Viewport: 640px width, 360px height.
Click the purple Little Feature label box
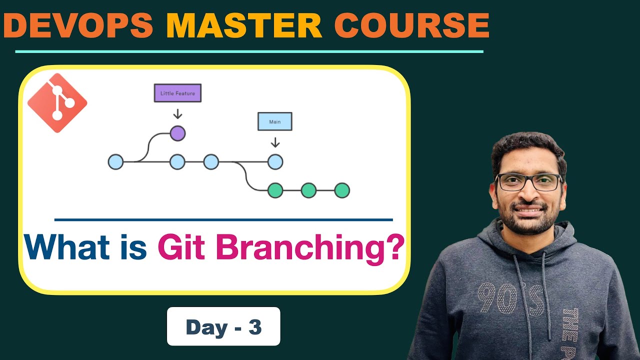click(x=177, y=93)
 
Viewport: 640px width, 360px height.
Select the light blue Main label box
click(x=274, y=121)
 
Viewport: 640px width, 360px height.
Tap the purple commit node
click(x=177, y=133)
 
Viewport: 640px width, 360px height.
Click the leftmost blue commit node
click(x=115, y=162)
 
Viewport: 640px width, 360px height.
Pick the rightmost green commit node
click(x=342, y=190)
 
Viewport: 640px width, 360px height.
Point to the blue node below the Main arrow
click(x=275, y=162)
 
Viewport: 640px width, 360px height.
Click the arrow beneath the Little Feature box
click(x=177, y=114)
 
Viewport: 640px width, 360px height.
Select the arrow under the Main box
click(x=275, y=142)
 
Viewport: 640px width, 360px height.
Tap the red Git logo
click(x=57, y=103)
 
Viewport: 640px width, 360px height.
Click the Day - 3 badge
click(x=223, y=327)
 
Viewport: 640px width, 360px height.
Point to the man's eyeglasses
click(x=528, y=181)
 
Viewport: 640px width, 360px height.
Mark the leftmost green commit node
click(x=275, y=190)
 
